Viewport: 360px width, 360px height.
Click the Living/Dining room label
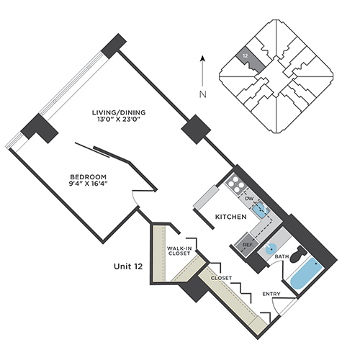119,112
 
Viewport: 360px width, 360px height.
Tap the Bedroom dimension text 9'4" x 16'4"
88,184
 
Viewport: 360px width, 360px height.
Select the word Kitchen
230,217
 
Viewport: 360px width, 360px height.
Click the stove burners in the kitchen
234,183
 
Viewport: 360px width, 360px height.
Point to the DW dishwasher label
248,199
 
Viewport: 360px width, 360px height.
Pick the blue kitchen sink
260,210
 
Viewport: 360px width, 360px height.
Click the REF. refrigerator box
247,245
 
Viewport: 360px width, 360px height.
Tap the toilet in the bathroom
298,254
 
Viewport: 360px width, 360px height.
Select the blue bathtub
305,276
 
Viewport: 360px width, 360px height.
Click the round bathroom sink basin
271,250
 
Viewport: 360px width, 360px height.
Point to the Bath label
282,256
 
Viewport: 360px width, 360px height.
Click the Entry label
271,294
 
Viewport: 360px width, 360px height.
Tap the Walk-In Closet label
179,251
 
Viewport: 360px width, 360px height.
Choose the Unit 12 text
128,266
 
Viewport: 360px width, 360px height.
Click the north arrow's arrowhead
203,58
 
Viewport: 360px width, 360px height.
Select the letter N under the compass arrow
203,94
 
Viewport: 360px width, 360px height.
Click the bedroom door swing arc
135,198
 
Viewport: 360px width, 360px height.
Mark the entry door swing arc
274,307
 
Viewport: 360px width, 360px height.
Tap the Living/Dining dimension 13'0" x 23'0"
120,120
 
